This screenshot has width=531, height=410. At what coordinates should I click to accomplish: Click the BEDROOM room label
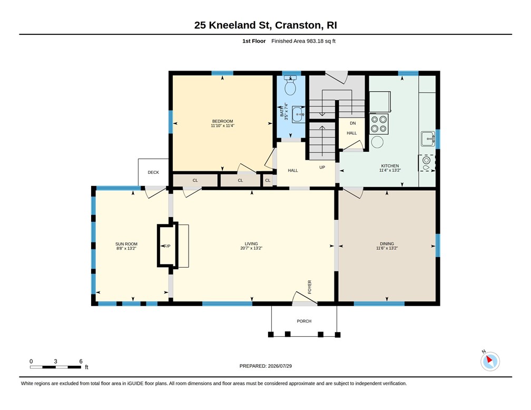222,121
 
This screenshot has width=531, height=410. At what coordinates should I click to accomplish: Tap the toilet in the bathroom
290,85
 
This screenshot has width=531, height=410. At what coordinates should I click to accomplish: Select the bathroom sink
299,114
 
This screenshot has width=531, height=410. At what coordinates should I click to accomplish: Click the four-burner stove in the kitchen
379,124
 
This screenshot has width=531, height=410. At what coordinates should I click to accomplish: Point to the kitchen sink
428,139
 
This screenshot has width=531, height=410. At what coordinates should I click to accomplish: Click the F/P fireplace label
167,246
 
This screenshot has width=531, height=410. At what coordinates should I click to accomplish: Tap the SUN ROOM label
126,244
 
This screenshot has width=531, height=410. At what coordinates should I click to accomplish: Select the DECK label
153,172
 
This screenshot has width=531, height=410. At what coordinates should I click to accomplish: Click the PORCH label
304,321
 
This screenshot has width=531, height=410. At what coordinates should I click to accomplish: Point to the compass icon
490,361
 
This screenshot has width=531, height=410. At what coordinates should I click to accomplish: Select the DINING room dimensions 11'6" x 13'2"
387,248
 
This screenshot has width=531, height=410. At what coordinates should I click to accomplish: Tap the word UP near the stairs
322,168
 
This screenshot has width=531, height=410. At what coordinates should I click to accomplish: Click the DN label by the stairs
353,123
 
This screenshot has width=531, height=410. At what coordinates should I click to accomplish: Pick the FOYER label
310,287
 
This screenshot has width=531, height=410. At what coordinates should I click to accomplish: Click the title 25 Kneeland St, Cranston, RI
265,25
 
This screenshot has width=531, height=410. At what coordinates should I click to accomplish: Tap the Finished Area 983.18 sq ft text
303,41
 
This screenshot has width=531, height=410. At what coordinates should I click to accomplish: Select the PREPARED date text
265,366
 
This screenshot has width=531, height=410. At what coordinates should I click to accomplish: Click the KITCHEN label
390,166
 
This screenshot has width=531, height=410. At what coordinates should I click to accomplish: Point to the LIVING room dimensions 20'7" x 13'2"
251,248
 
